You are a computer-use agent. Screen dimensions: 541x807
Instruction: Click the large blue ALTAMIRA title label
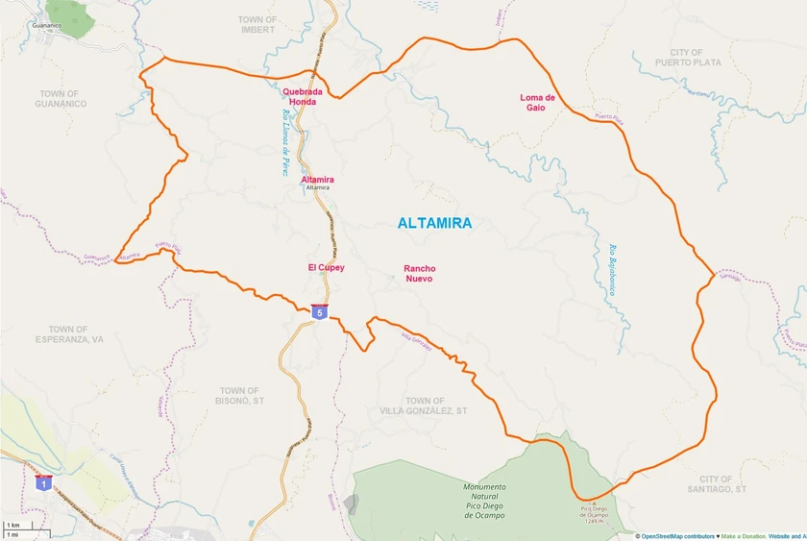tap(434, 223)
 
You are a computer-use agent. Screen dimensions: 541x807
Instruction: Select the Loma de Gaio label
tap(537, 102)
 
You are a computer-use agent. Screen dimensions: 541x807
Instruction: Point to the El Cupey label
tap(326, 267)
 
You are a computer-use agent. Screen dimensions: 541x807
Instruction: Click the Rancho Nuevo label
tap(419, 274)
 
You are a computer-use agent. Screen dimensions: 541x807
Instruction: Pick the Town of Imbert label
tap(257, 25)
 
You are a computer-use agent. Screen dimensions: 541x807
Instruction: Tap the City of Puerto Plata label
tap(688, 58)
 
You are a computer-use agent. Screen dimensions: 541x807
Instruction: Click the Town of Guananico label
tap(60, 98)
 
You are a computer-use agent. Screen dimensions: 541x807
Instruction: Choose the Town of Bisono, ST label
tap(239, 395)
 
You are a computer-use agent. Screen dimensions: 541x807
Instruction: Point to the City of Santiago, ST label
tap(722, 484)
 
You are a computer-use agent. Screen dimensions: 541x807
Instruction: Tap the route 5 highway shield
tap(319, 311)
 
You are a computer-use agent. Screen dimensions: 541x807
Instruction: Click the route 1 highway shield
tap(43, 483)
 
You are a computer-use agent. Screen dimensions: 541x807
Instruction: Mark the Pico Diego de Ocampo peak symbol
tap(593, 501)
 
